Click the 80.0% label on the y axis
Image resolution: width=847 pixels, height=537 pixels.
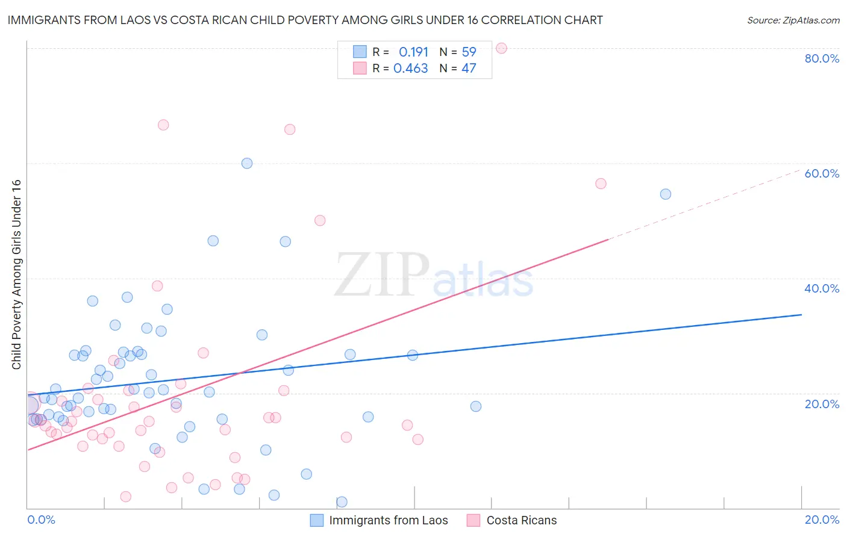tap(822, 58)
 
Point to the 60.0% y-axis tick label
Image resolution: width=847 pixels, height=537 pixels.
tap(822, 173)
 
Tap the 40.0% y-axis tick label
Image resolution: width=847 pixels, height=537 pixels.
tap(822, 288)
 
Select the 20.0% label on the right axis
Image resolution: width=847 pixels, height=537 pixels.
tap(822, 404)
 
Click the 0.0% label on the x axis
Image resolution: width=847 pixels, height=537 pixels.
tap(41, 520)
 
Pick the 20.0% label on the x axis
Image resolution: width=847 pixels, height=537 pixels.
tap(822, 520)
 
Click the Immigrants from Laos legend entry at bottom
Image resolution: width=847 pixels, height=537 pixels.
tap(388, 520)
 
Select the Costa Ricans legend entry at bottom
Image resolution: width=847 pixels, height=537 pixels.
tap(521, 520)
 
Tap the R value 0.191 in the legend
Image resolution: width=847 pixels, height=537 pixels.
tap(413, 52)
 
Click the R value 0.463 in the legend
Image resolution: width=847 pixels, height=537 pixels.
tap(410, 69)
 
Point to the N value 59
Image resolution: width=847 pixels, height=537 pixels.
tap(469, 52)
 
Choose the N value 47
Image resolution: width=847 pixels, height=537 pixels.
tap(469, 69)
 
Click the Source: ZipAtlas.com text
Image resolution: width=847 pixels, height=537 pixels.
tap(793, 20)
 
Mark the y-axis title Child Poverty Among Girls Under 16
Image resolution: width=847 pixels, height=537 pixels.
tap(16, 275)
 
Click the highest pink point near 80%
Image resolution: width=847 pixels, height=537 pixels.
tap(501, 48)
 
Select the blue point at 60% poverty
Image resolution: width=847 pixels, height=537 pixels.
tap(247, 163)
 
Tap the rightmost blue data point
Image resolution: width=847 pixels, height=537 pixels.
tap(666, 194)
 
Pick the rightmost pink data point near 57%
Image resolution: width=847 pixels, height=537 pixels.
tap(601, 184)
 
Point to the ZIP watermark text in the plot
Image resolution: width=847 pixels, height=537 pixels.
tap(382, 275)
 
